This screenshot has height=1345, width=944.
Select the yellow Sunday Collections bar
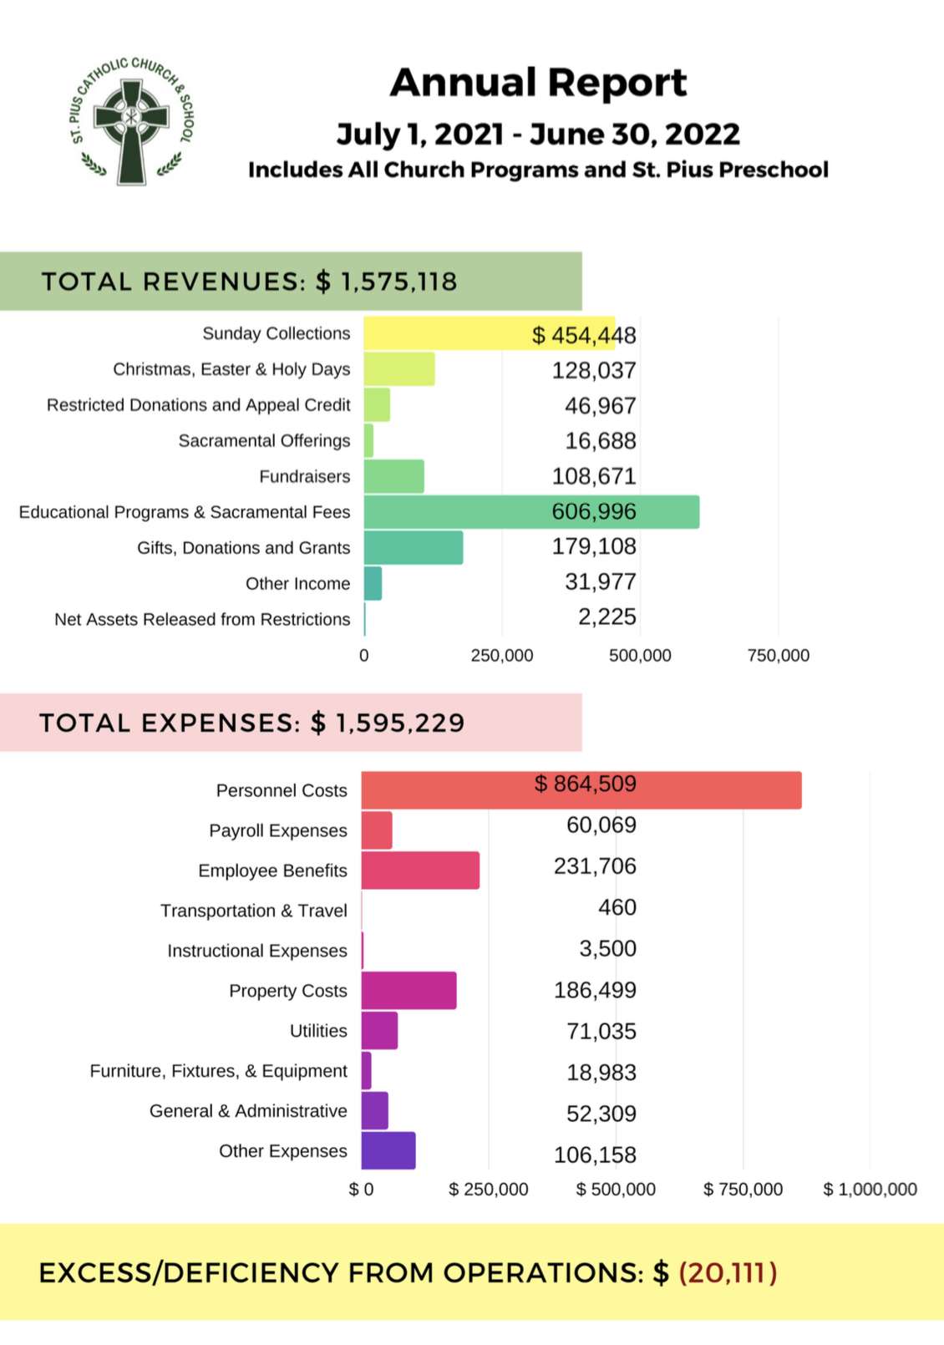tap(443, 333)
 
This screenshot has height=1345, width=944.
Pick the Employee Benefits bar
tap(420, 870)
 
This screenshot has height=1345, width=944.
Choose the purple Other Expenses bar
tap(388, 1151)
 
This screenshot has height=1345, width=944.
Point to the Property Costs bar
tap(409, 991)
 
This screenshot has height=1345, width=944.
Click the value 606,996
tap(593, 511)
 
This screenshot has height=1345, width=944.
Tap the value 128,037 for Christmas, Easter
tap(593, 370)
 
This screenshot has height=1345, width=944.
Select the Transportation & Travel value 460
tap(617, 907)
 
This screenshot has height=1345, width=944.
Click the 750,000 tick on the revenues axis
tap(778, 656)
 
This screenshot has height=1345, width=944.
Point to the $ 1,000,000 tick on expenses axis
tap(870, 1190)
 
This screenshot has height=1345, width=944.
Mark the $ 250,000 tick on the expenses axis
tap(488, 1190)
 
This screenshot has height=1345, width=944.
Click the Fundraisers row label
tap(304, 477)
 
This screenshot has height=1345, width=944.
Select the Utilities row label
tap(317, 1031)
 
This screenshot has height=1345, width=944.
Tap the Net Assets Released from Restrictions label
tap(202, 620)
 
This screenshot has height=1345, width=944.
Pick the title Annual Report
tap(538, 83)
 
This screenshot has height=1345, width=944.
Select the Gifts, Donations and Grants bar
tap(413, 548)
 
